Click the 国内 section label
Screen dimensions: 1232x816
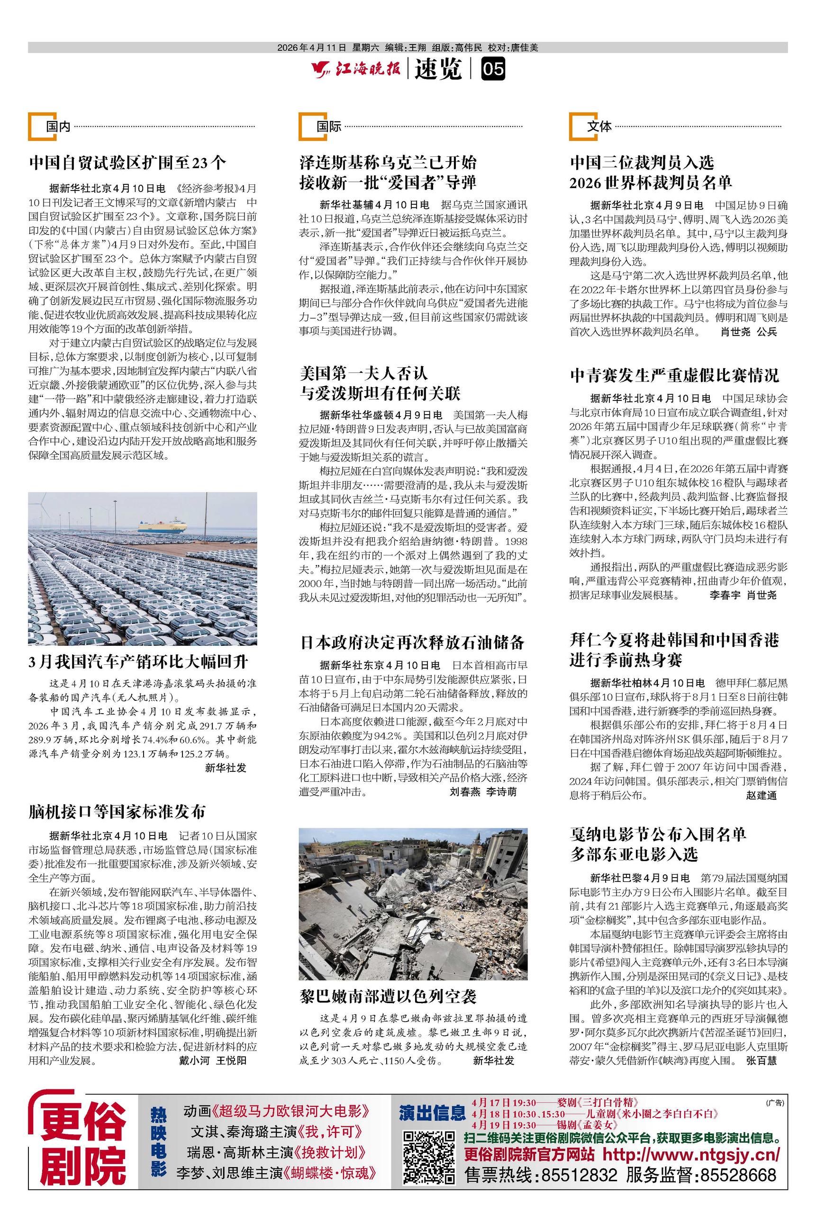click(58, 127)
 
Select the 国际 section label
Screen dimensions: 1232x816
click(329, 127)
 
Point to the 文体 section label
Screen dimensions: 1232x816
click(599, 127)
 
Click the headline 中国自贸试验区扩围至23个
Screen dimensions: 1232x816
click(128, 163)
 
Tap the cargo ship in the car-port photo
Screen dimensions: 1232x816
click(162, 524)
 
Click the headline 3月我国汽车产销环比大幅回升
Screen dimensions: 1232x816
click(138, 662)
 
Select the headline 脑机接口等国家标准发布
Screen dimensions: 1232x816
click(117, 811)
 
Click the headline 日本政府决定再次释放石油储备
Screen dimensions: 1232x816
click(412, 642)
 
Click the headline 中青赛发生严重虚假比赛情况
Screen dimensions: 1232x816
click(674, 375)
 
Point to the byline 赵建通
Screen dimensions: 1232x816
click(761, 796)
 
